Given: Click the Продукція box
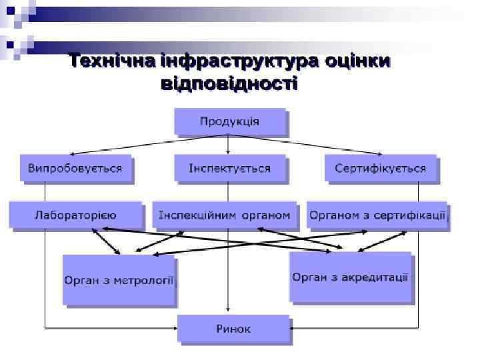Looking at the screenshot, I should pos(230,122).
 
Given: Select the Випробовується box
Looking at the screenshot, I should pos(75,168).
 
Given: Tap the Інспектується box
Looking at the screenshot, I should pos(229,168).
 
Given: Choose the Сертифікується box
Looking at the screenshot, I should pos(380,168).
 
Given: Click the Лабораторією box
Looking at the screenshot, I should pos(75,215).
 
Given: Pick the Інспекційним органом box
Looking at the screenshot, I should pos(224,215).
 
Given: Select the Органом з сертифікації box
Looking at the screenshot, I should pos(377,215).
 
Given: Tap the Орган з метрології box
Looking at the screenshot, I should pos(119,280).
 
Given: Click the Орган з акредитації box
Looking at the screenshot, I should pos(350,277).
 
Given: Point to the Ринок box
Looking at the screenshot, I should pos(233,329).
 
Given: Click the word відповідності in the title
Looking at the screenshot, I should pos(229,83).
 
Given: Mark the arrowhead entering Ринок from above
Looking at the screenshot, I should pos(229,311).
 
